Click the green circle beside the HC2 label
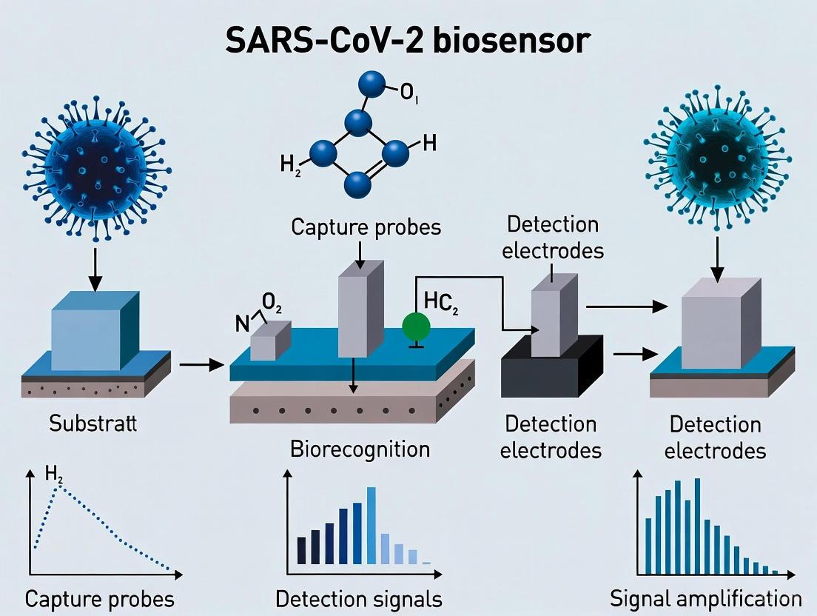(416, 327)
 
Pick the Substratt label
(93, 423)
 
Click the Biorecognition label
(360, 448)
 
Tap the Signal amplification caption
(705, 597)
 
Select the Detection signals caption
(359, 597)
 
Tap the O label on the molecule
(410, 94)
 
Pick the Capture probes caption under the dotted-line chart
(100, 597)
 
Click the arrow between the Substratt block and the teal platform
(200, 364)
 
